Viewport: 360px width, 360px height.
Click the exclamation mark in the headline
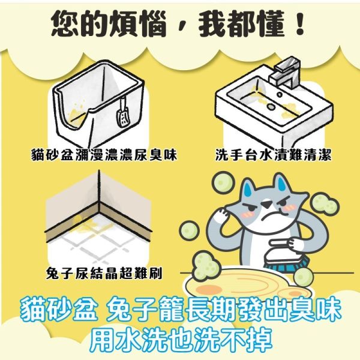(x=299, y=24)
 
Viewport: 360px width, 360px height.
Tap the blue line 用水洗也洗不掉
(x=180, y=341)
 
